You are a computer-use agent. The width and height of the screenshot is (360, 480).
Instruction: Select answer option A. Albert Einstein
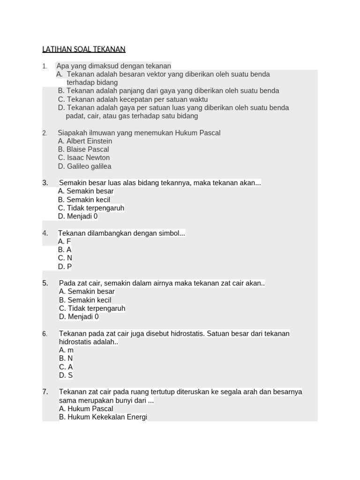(x=85, y=141)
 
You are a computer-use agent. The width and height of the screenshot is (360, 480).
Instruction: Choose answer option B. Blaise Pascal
(x=83, y=150)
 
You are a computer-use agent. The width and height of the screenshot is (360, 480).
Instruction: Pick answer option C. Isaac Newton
(x=84, y=158)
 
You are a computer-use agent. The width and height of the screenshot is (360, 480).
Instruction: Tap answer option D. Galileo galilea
(x=85, y=166)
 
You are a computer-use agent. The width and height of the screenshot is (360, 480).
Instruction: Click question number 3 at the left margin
(x=45, y=183)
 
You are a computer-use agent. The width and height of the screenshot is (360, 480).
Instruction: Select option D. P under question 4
(x=65, y=267)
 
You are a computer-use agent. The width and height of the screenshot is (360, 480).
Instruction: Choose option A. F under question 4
(x=65, y=241)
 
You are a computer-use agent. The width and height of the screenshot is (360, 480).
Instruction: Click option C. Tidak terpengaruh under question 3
(x=91, y=208)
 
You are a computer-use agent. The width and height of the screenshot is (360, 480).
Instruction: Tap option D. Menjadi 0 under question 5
(x=79, y=317)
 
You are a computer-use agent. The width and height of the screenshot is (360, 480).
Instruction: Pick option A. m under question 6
(x=66, y=350)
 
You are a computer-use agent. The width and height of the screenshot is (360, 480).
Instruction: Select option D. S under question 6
(x=66, y=375)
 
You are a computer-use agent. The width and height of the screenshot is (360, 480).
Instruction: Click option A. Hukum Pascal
(x=86, y=409)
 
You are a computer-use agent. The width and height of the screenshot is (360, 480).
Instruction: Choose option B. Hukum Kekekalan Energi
(x=103, y=417)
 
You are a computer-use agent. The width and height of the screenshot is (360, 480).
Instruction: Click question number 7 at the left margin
(x=45, y=392)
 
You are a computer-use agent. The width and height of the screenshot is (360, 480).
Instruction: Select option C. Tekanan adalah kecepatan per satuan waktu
(x=133, y=99)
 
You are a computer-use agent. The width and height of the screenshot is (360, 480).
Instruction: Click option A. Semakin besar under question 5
(x=87, y=292)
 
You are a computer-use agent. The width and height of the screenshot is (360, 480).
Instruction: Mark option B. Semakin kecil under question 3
(x=84, y=200)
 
